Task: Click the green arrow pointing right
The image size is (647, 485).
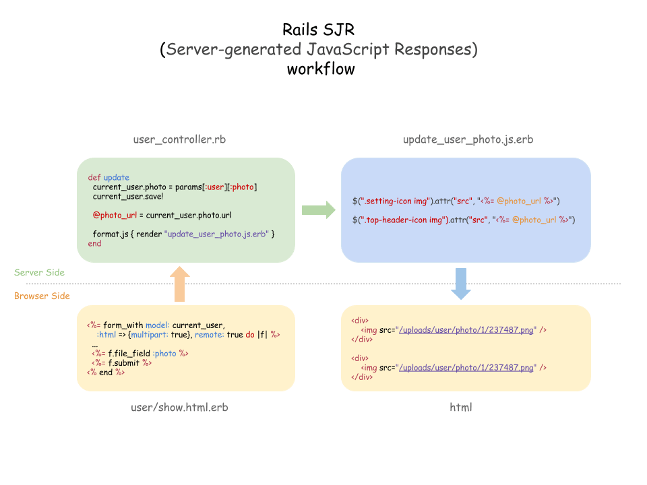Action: coord(319,210)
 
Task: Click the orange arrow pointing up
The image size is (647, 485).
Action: coord(179,284)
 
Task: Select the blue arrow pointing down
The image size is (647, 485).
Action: coord(461,284)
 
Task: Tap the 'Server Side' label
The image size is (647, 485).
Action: coord(39,272)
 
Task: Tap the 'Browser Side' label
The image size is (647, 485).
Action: coord(42,296)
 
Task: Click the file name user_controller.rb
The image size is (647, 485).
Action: coord(179,139)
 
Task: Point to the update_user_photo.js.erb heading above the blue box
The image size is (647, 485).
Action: coord(468,139)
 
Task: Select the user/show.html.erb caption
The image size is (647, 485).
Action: coord(179,407)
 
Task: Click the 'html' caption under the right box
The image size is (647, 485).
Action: coord(461,407)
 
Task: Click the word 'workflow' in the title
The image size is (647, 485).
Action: coord(321,69)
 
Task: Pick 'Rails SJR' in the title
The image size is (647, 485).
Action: coord(319,29)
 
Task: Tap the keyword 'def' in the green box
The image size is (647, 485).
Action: coord(94,177)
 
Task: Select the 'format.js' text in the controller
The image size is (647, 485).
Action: coord(110,234)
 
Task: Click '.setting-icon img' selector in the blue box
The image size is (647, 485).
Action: coord(396,201)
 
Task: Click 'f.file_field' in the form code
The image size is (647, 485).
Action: coord(129,354)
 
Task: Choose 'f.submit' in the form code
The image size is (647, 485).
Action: coord(123,363)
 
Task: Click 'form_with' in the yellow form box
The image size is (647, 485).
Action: coord(123,325)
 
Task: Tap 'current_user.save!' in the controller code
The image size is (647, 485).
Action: coord(128,196)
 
